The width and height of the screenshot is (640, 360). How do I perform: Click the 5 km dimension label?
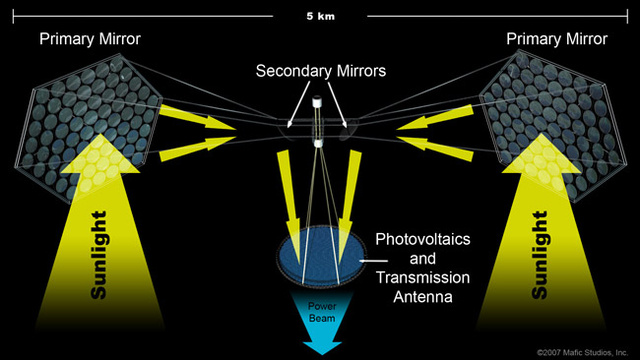click(x=320, y=16)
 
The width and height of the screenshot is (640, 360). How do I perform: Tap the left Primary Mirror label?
click(x=90, y=39)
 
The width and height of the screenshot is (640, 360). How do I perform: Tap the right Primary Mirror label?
click(x=557, y=39)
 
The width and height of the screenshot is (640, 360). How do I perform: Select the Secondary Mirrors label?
click(x=321, y=71)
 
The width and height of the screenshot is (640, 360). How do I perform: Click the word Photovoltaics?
click(x=423, y=239)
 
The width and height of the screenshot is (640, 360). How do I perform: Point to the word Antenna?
click(x=423, y=297)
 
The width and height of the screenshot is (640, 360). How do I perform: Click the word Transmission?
click(x=423, y=278)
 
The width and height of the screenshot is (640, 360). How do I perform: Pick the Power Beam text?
click(x=322, y=312)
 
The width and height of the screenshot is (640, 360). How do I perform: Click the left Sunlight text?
click(x=99, y=255)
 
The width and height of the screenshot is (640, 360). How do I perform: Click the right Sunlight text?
click(x=540, y=255)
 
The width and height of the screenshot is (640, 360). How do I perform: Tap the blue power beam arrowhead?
click(x=322, y=348)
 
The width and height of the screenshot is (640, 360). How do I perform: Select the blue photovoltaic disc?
click(x=321, y=255)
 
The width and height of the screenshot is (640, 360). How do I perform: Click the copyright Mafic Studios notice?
click(x=582, y=352)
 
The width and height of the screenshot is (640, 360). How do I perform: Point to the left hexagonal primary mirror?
click(x=88, y=127)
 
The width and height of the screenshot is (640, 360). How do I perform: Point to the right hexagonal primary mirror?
click(x=553, y=126)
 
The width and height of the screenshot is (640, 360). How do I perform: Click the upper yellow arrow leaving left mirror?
click(x=198, y=117)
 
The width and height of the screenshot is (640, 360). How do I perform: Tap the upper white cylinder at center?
click(x=316, y=102)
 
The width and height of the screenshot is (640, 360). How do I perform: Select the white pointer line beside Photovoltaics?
click(x=373, y=260)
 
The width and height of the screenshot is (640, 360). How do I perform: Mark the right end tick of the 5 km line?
click(x=627, y=16)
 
